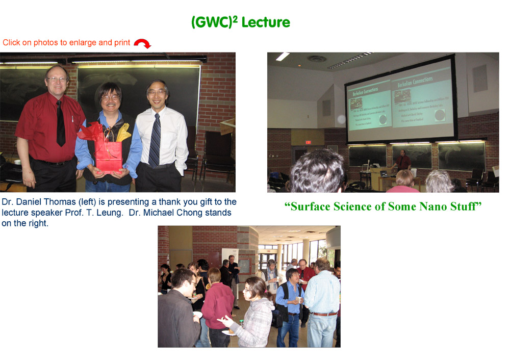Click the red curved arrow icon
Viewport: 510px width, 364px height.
142,44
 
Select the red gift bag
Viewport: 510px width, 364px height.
108,156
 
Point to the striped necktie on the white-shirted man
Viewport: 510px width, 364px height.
155,140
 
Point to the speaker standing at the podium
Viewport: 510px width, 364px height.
403,160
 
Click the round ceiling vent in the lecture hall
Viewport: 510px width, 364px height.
317,59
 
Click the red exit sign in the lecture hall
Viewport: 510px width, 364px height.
308,142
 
